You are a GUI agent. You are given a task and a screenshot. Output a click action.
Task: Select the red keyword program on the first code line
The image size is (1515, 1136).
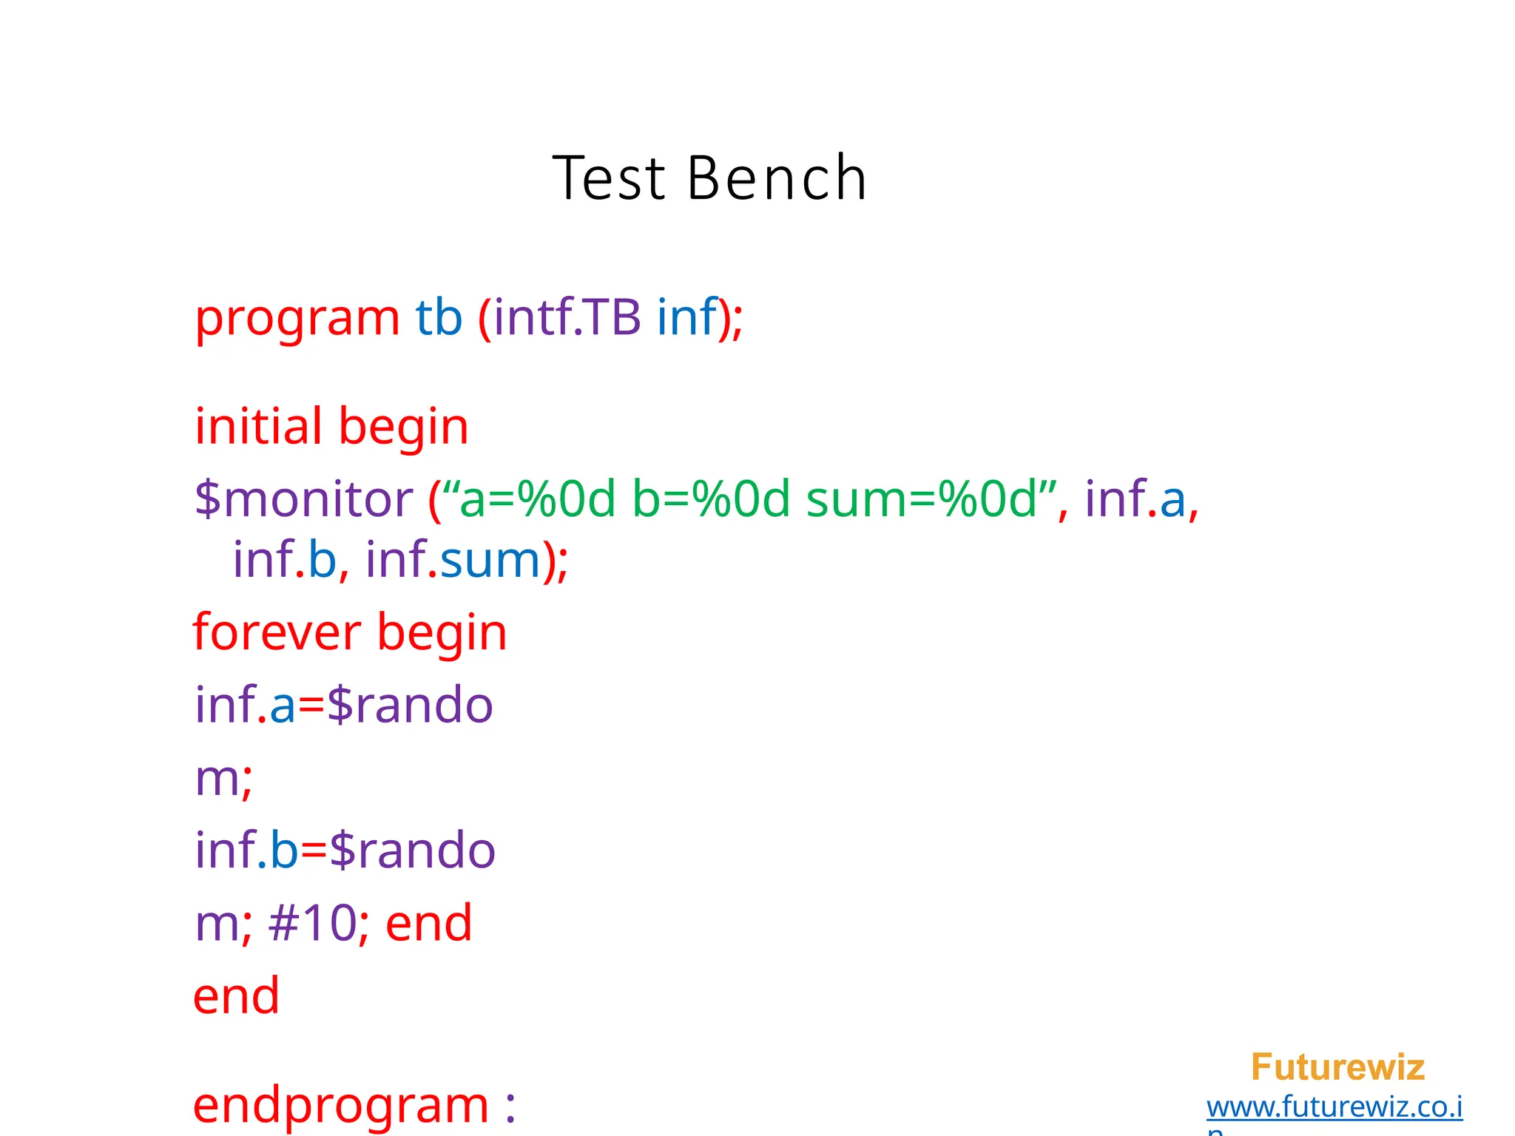(x=297, y=319)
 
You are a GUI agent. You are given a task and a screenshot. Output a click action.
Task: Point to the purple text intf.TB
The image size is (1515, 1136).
(x=567, y=317)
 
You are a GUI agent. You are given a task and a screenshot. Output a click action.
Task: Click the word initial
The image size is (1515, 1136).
(x=259, y=427)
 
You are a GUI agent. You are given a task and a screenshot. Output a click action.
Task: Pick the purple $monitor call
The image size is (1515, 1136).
(x=303, y=499)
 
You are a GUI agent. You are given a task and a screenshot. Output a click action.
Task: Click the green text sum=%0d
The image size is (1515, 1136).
(x=921, y=499)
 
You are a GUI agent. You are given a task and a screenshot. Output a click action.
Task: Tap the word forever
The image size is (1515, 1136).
(x=277, y=633)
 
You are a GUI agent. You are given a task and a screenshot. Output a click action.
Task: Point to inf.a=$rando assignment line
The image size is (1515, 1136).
(x=344, y=705)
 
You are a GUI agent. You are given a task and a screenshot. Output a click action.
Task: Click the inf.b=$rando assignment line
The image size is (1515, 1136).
(x=345, y=851)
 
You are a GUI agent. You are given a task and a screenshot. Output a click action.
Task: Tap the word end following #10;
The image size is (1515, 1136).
(x=429, y=924)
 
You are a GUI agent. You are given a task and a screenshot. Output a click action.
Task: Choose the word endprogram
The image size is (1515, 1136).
(x=340, y=1106)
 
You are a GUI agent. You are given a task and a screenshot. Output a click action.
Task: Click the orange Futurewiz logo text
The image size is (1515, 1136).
(x=1337, y=1067)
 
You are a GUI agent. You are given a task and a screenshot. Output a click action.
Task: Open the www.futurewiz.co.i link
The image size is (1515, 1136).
(x=1335, y=1107)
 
